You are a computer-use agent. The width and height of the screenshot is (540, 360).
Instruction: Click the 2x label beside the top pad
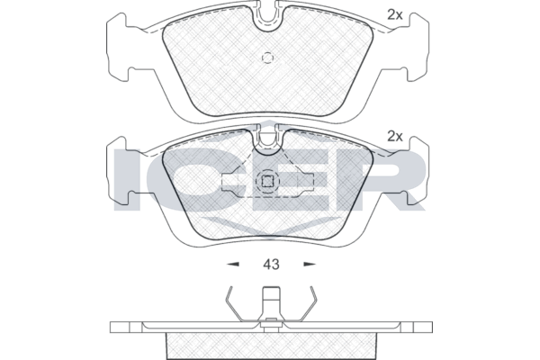(x=395, y=14)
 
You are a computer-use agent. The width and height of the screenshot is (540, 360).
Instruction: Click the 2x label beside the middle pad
(x=395, y=137)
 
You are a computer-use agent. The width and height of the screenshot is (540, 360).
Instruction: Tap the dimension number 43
(x=271, y=265)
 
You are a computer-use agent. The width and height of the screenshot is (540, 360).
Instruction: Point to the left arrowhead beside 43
(x=233, y=265)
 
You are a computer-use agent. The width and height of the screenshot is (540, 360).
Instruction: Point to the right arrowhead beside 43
(x=310, y=265)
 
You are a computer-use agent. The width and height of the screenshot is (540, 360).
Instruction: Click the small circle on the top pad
(x=267, y=58)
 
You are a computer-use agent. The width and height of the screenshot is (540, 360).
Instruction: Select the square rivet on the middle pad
(x=267, y=181)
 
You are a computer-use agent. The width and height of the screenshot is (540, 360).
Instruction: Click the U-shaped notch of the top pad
(x=267, y=21)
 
